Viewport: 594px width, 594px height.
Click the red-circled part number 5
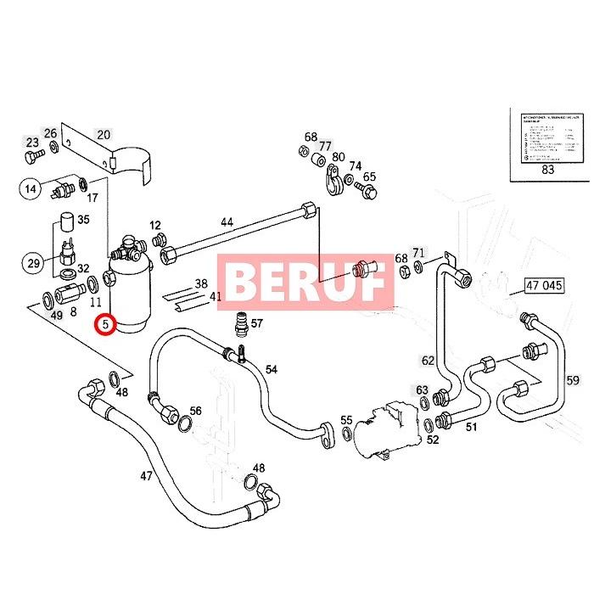[105, 324]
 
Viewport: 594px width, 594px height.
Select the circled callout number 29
[33, 263]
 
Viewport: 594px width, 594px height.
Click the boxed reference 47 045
[544, 285]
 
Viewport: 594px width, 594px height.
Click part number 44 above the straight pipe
[227, 222]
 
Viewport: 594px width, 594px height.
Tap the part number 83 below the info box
[547, 194]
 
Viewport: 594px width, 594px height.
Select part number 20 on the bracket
[103, 134]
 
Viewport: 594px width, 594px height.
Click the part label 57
[256, 323]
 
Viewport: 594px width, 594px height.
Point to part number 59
[573, 380]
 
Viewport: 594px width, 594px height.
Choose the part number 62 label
[428, 361]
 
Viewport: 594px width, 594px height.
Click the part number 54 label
[272, 368]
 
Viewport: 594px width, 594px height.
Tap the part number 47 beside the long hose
[146, 475]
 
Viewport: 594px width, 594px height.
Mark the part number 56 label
[195, 411]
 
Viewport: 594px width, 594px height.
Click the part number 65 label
[369, 177]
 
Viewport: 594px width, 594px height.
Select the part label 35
[83, 221]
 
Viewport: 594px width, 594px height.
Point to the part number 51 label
[472, 427]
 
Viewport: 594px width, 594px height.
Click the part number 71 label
[418, 253]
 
